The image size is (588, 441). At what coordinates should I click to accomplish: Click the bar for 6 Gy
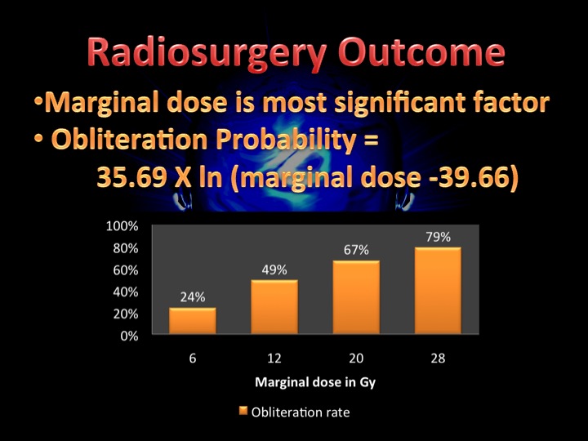(193, 321)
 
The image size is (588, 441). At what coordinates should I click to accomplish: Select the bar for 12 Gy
(274, 307)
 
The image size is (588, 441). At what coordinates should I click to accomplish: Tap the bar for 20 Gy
(356, 297)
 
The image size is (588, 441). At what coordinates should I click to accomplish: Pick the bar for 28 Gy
(438, 290)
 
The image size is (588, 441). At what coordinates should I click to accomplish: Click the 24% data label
(193, 297)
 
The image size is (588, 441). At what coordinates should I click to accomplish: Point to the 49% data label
(274, 269)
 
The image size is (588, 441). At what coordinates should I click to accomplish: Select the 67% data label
(356, 250)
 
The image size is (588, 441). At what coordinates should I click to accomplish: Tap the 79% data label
(438, 237)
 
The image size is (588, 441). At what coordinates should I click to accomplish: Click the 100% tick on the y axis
(122, 226)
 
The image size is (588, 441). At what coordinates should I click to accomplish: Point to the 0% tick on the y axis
(129, 336)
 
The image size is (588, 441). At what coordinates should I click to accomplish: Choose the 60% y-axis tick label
(126, 270)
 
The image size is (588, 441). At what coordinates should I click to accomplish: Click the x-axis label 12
(274, 359)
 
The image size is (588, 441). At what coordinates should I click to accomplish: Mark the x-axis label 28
(438, 359)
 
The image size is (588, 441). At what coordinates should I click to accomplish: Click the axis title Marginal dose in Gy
(315, 382)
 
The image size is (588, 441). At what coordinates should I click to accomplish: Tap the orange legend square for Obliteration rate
(243, 411)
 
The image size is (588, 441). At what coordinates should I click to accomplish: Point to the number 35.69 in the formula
(131, 176)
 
